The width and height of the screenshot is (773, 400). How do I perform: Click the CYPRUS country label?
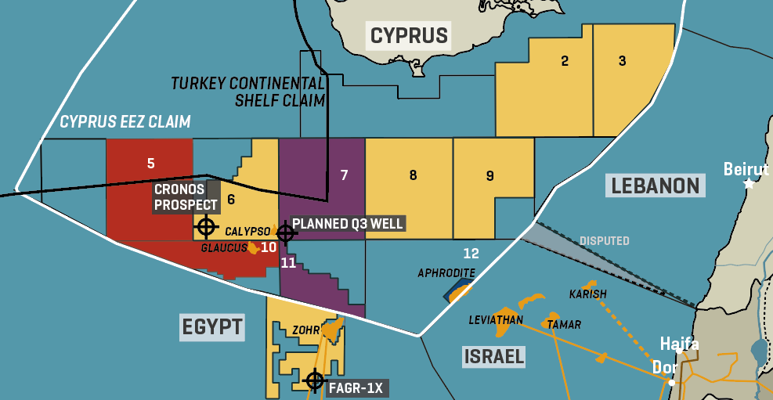coord(409,35)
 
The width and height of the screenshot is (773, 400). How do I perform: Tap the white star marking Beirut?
coord(749,183)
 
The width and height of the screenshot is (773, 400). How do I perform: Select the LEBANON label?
coord(655,186)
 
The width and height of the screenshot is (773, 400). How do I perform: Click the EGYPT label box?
coord(212,326)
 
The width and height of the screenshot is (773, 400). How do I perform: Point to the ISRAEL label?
coord(493,357)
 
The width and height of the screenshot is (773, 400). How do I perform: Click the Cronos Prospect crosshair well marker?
coord(206,227)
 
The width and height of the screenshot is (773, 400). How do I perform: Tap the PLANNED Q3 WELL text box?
coord(347,224)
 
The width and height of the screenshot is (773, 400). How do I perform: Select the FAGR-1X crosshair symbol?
coord(315,380)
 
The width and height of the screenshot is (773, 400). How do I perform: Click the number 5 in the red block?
coord(150,164)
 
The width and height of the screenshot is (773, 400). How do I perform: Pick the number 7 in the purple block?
coord(344,175)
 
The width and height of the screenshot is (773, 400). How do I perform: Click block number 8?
coord(413,175)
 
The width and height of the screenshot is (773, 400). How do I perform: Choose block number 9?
coord(489,176)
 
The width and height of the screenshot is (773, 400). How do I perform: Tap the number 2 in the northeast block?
coord(564,61)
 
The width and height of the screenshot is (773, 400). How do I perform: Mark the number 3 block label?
coord(622,61)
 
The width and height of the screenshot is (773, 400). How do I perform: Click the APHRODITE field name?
coord(446,272)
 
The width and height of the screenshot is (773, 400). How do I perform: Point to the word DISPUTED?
coord(604,240)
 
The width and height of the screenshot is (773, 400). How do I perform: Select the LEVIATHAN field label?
coord(496,320)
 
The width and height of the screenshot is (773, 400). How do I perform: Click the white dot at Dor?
coord(671,382)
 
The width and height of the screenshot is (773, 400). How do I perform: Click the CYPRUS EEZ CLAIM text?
coord(125,121)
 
